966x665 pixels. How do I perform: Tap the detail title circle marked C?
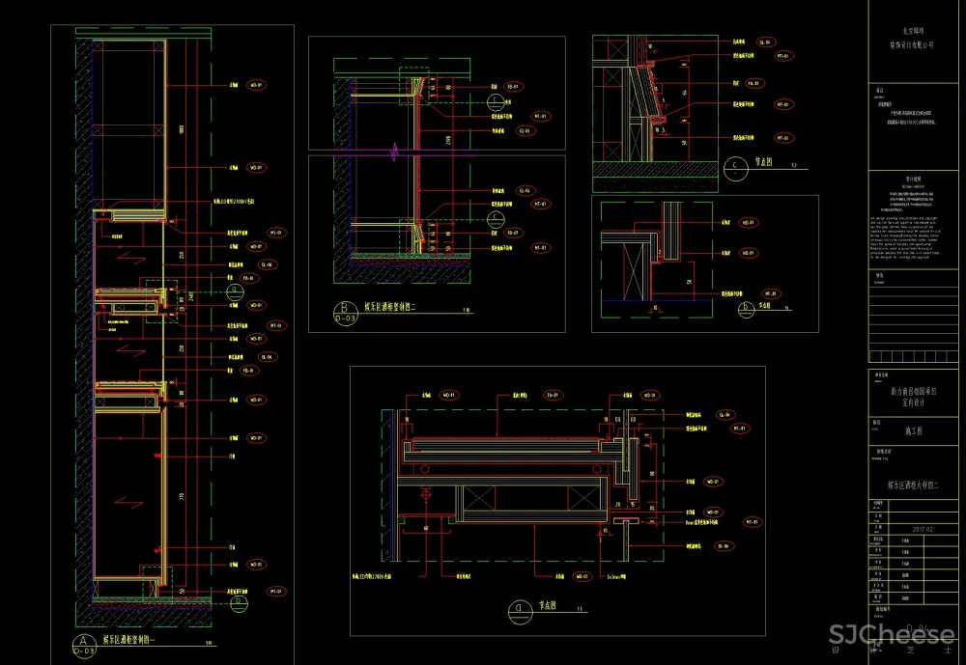coord(736,168)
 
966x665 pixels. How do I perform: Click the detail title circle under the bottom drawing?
coord(520,609)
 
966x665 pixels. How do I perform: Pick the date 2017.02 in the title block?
coord(923,528)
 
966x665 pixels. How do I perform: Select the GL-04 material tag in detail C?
coord(765,42)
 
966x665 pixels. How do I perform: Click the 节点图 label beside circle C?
coord(763,166)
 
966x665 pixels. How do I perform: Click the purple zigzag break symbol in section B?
coord(393,152)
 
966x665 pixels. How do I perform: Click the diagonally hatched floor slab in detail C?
coord(657,170)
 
